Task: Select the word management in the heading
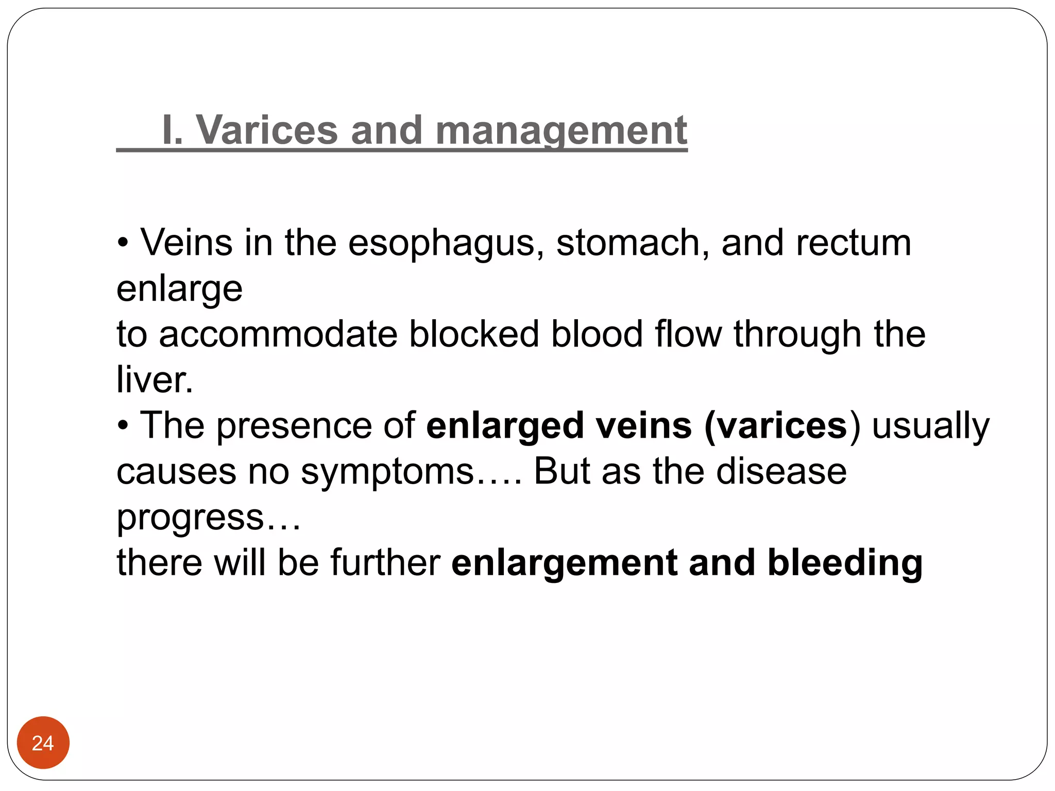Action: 561,131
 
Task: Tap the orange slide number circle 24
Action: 43,743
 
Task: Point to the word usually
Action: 930,426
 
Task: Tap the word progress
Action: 190,518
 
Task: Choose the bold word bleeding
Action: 845,563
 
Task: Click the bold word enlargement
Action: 564,563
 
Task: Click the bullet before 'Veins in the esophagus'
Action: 123,243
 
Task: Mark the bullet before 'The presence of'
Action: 123,426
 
